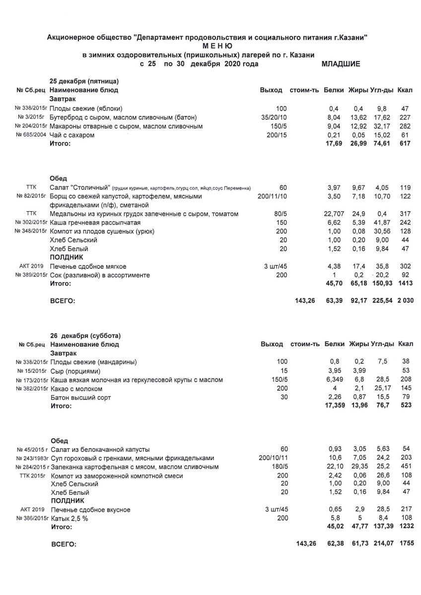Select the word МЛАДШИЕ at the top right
pos(341,64)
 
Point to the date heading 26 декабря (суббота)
pos(85,335)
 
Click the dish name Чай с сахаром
pos(72,135)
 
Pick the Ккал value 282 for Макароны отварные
pos(406,126)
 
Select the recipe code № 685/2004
pos(31,135)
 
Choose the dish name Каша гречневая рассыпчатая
pos(95,223)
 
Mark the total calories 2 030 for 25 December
pos(405,300)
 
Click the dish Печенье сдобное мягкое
pos(88,266)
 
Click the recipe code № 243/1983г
pos(31,458)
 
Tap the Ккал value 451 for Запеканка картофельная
pos(406,467)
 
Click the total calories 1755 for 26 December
pos(406,544)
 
